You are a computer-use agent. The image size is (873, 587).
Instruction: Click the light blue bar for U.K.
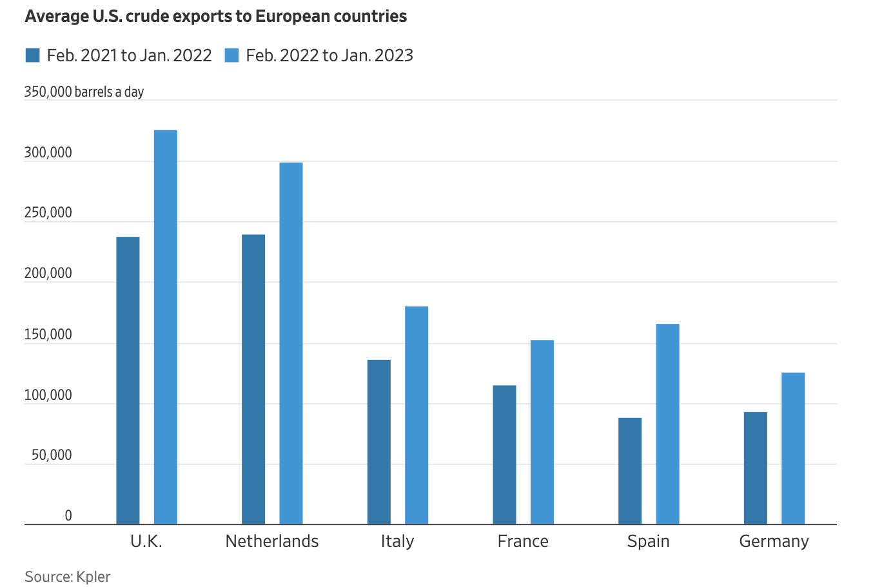coord(166,327)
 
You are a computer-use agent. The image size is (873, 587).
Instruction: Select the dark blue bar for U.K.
coord(128,381)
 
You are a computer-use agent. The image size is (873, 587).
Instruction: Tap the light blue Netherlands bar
coord(291,343)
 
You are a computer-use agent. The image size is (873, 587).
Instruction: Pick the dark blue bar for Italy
coord(379,442)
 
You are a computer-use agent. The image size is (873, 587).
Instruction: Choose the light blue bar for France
coord(542,432)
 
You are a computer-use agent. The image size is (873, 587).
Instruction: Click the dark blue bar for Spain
coord(630,471)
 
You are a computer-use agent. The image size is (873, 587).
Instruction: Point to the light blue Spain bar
coord(667,424)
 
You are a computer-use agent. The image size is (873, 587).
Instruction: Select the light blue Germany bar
coord(793,448)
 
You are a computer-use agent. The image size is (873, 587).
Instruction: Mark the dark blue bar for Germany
coord(756,468)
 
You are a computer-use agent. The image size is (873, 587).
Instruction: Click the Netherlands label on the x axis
coord(272,541)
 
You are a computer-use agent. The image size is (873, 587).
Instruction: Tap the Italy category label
coord(397,541)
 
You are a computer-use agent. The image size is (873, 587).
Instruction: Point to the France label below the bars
coord(523,541)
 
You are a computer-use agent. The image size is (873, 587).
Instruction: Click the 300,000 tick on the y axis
coord(48,153)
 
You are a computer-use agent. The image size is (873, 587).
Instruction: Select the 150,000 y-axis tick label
coord(48,335)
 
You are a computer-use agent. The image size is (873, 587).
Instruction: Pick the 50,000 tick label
coord(52,455)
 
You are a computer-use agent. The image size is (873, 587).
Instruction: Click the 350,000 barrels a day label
coord(84,92)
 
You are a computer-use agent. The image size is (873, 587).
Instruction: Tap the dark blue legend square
coord(32,55)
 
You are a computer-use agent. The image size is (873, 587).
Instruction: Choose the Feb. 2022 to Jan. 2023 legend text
coord(329,55)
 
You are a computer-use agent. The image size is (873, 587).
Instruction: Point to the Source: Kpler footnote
coord(68,576)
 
